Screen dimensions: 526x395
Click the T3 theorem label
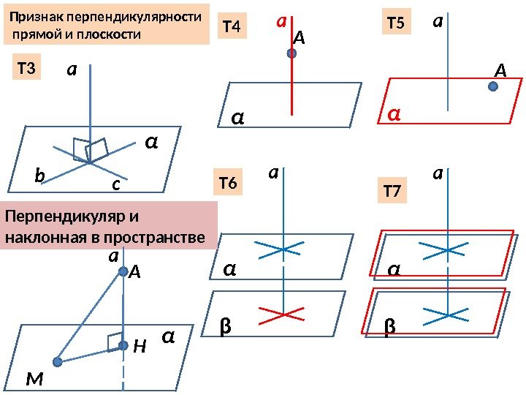pyautogui.click(x=27, y=69)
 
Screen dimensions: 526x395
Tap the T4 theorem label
pyautogui.click(x=232, y=28)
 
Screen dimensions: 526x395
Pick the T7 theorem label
pyautogui.click(x=392, y=192)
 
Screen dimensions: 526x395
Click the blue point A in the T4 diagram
pyautogui.click(x=291, y=53)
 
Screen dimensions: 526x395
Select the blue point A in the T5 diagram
pyautogui.click(x=493, y=86)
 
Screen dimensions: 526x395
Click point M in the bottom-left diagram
pyautogui.click(x=58, y=361)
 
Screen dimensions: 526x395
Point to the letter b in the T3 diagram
pyautogui.click(x=40, y=176)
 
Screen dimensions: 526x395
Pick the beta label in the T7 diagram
pyautogui.click(x=389, y=327)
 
